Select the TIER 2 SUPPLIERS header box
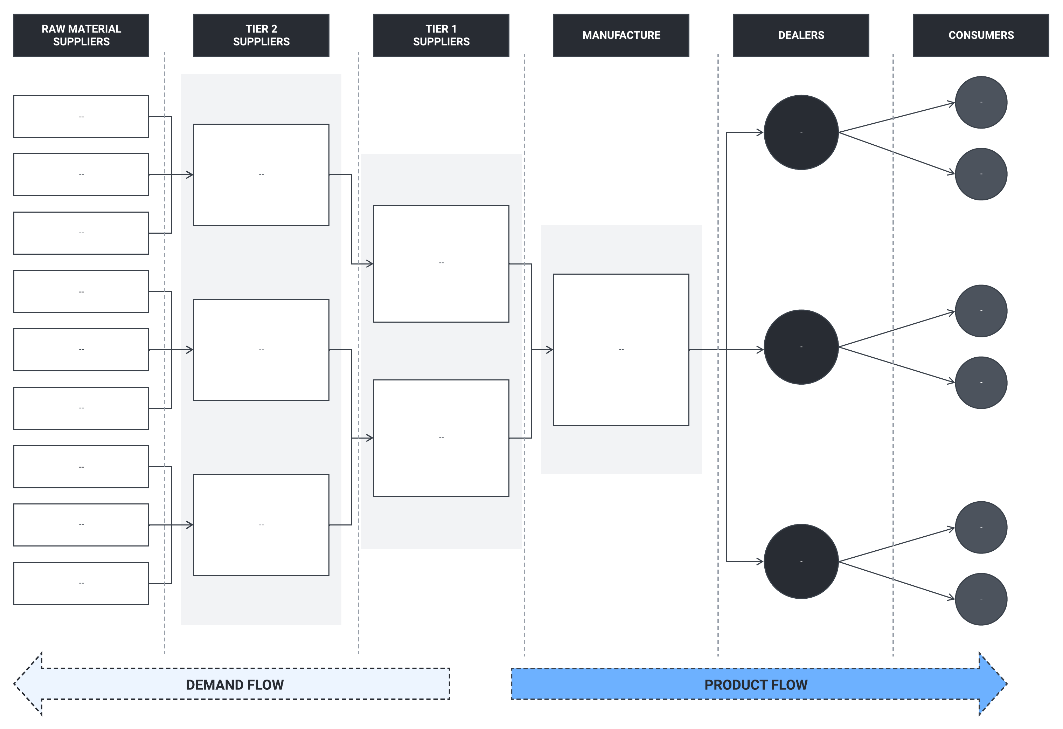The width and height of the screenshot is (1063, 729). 261,35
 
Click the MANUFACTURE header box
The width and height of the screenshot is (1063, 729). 621,35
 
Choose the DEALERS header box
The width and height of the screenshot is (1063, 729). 801,35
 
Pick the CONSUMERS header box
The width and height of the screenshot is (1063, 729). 981,35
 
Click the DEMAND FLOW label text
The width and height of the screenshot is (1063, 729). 235,685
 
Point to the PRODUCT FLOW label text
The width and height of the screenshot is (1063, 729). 756,685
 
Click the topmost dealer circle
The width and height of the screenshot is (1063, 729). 801,132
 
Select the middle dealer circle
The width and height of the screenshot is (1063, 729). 801,347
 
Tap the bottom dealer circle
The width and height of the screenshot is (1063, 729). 801,561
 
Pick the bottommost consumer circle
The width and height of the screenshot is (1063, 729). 981,599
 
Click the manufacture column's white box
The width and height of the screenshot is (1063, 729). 621,350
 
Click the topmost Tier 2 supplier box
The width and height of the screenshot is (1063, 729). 261,174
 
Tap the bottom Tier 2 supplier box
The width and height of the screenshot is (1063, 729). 261,525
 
